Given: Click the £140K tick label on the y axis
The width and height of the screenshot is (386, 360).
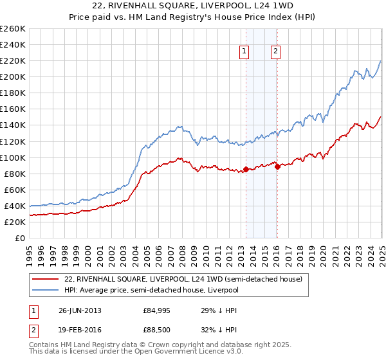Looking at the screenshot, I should [12, 125].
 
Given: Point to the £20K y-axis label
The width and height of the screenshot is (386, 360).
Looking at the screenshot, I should [15, 222].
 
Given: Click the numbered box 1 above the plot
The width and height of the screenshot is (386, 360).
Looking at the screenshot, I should [245, 53].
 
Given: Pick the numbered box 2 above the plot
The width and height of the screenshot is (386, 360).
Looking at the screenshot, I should [275, 53].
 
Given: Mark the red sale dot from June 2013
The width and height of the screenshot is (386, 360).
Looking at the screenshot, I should [246, 170].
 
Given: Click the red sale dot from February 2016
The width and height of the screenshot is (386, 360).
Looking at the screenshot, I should [277, 166].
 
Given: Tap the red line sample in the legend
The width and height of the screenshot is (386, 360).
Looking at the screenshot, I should [45, 279].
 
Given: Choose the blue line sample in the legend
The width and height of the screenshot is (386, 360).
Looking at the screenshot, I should [45, 290].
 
